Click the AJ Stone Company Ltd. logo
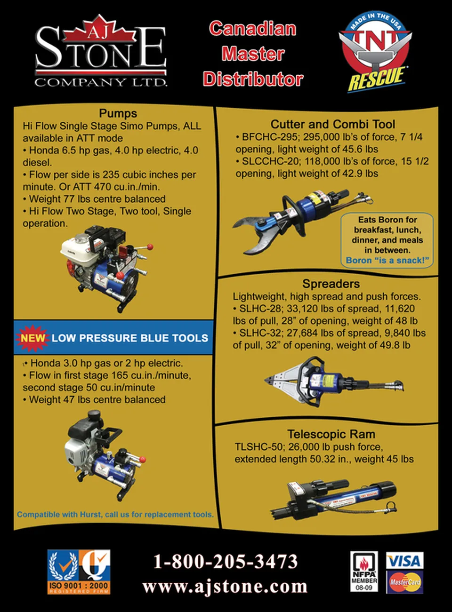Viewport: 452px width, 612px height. (x=101, y=52)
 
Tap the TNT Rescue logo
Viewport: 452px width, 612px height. (x=375, y=52)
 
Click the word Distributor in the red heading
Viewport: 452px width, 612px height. (x=253, y=79)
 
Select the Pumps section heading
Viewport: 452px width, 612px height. (x=118, y=113)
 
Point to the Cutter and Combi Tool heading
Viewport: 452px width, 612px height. (x=333, y=124)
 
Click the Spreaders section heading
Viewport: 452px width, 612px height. (x=331, y=284)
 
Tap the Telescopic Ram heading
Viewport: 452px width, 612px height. (x=331, y=434)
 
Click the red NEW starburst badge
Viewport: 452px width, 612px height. (x=32, y=338)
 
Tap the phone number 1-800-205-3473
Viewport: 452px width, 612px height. (x=226, y=561)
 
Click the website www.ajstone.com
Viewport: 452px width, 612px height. (x=225, y=586)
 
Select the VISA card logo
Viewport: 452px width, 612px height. (x=404, y=560)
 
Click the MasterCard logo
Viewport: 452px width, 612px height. (x=404, y=582)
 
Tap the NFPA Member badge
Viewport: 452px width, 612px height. (x=364, y=572)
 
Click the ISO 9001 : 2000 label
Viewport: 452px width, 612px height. (x=79, y=585)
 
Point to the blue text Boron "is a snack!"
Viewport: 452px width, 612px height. (x=387, y=260)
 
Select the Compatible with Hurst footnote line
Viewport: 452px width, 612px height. (x=115, y=514)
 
